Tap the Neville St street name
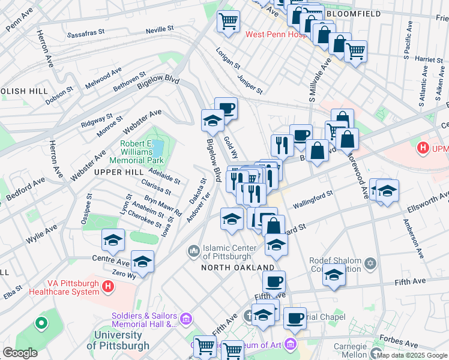(160, 28)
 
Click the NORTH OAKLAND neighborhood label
(238, 267)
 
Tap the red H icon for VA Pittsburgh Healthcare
(108, 287)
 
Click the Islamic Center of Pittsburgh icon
(193, 250)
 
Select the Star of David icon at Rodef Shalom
(370, 263)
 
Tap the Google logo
(20, 353)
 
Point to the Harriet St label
(415, 59)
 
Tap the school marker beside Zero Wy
(142, 261)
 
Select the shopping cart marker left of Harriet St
(356, 51)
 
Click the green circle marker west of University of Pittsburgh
(41, 324)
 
